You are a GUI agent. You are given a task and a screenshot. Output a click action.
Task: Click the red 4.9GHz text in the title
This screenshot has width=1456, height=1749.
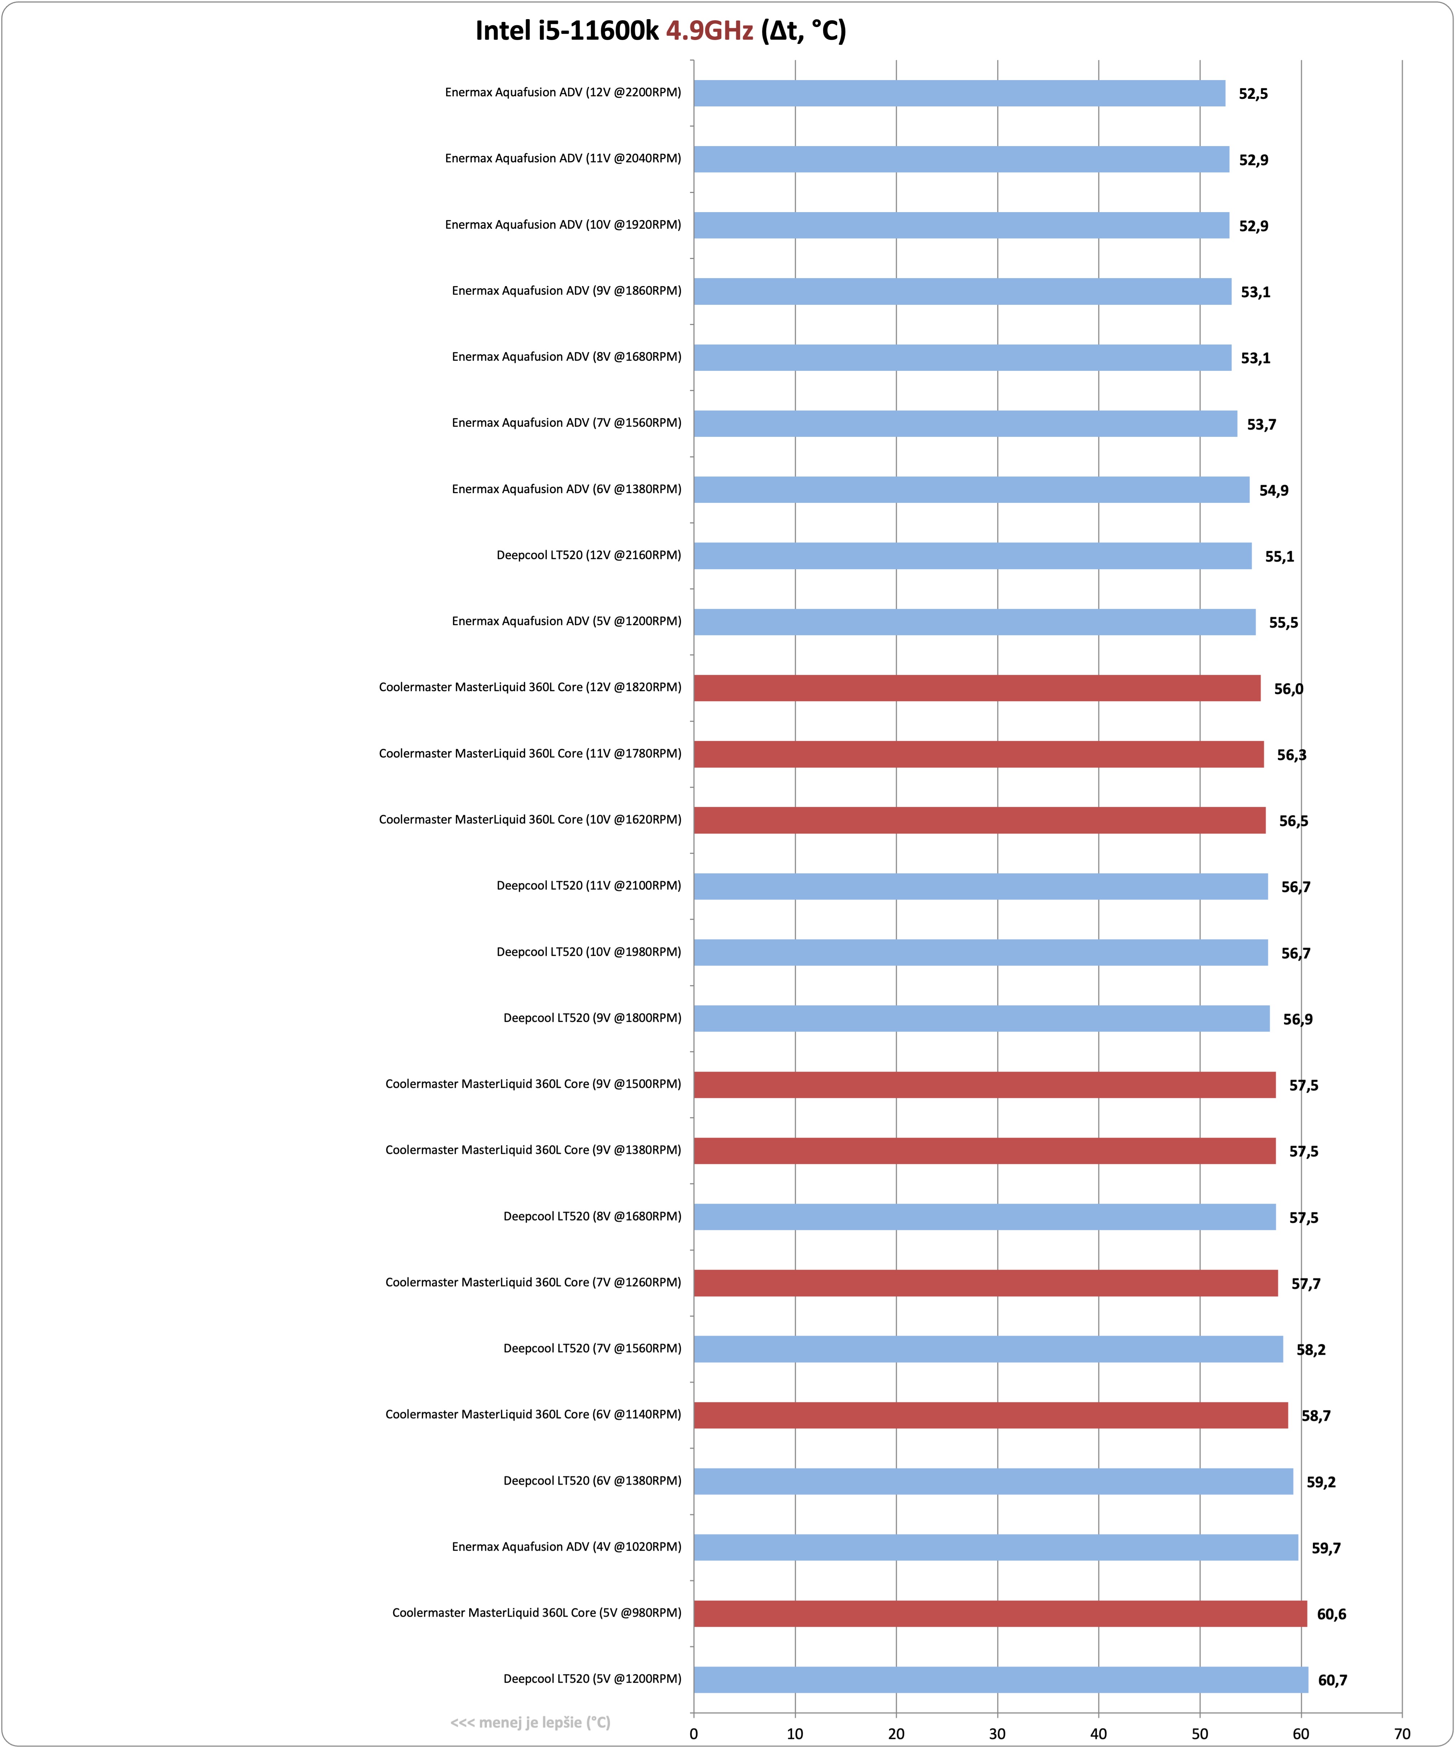[x=710, y=31]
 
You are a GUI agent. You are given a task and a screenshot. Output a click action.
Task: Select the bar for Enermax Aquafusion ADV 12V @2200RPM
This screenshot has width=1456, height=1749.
[x=960, y=93]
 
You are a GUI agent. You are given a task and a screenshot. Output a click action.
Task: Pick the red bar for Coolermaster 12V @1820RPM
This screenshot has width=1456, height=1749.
[x=977, y=688]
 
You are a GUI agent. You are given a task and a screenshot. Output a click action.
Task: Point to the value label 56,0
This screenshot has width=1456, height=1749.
[x=1289, y=689]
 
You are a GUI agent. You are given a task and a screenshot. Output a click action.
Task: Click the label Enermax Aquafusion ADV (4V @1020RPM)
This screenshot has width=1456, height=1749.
[x=566, y=1547]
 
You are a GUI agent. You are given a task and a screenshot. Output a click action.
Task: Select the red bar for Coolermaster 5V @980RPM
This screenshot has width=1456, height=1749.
[x=1000, y=1613]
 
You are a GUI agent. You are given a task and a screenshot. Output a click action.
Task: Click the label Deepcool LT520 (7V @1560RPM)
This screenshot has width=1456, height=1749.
[x=592, y=1348]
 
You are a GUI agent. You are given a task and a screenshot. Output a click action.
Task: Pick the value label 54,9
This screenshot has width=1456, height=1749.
[x=1274, y=491]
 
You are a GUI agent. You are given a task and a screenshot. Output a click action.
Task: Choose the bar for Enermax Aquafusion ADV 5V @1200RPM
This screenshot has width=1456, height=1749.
[x=975, y=622]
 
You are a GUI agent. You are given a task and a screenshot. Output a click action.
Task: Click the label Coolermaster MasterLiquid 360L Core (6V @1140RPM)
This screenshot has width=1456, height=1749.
[x=533, y=1414]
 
